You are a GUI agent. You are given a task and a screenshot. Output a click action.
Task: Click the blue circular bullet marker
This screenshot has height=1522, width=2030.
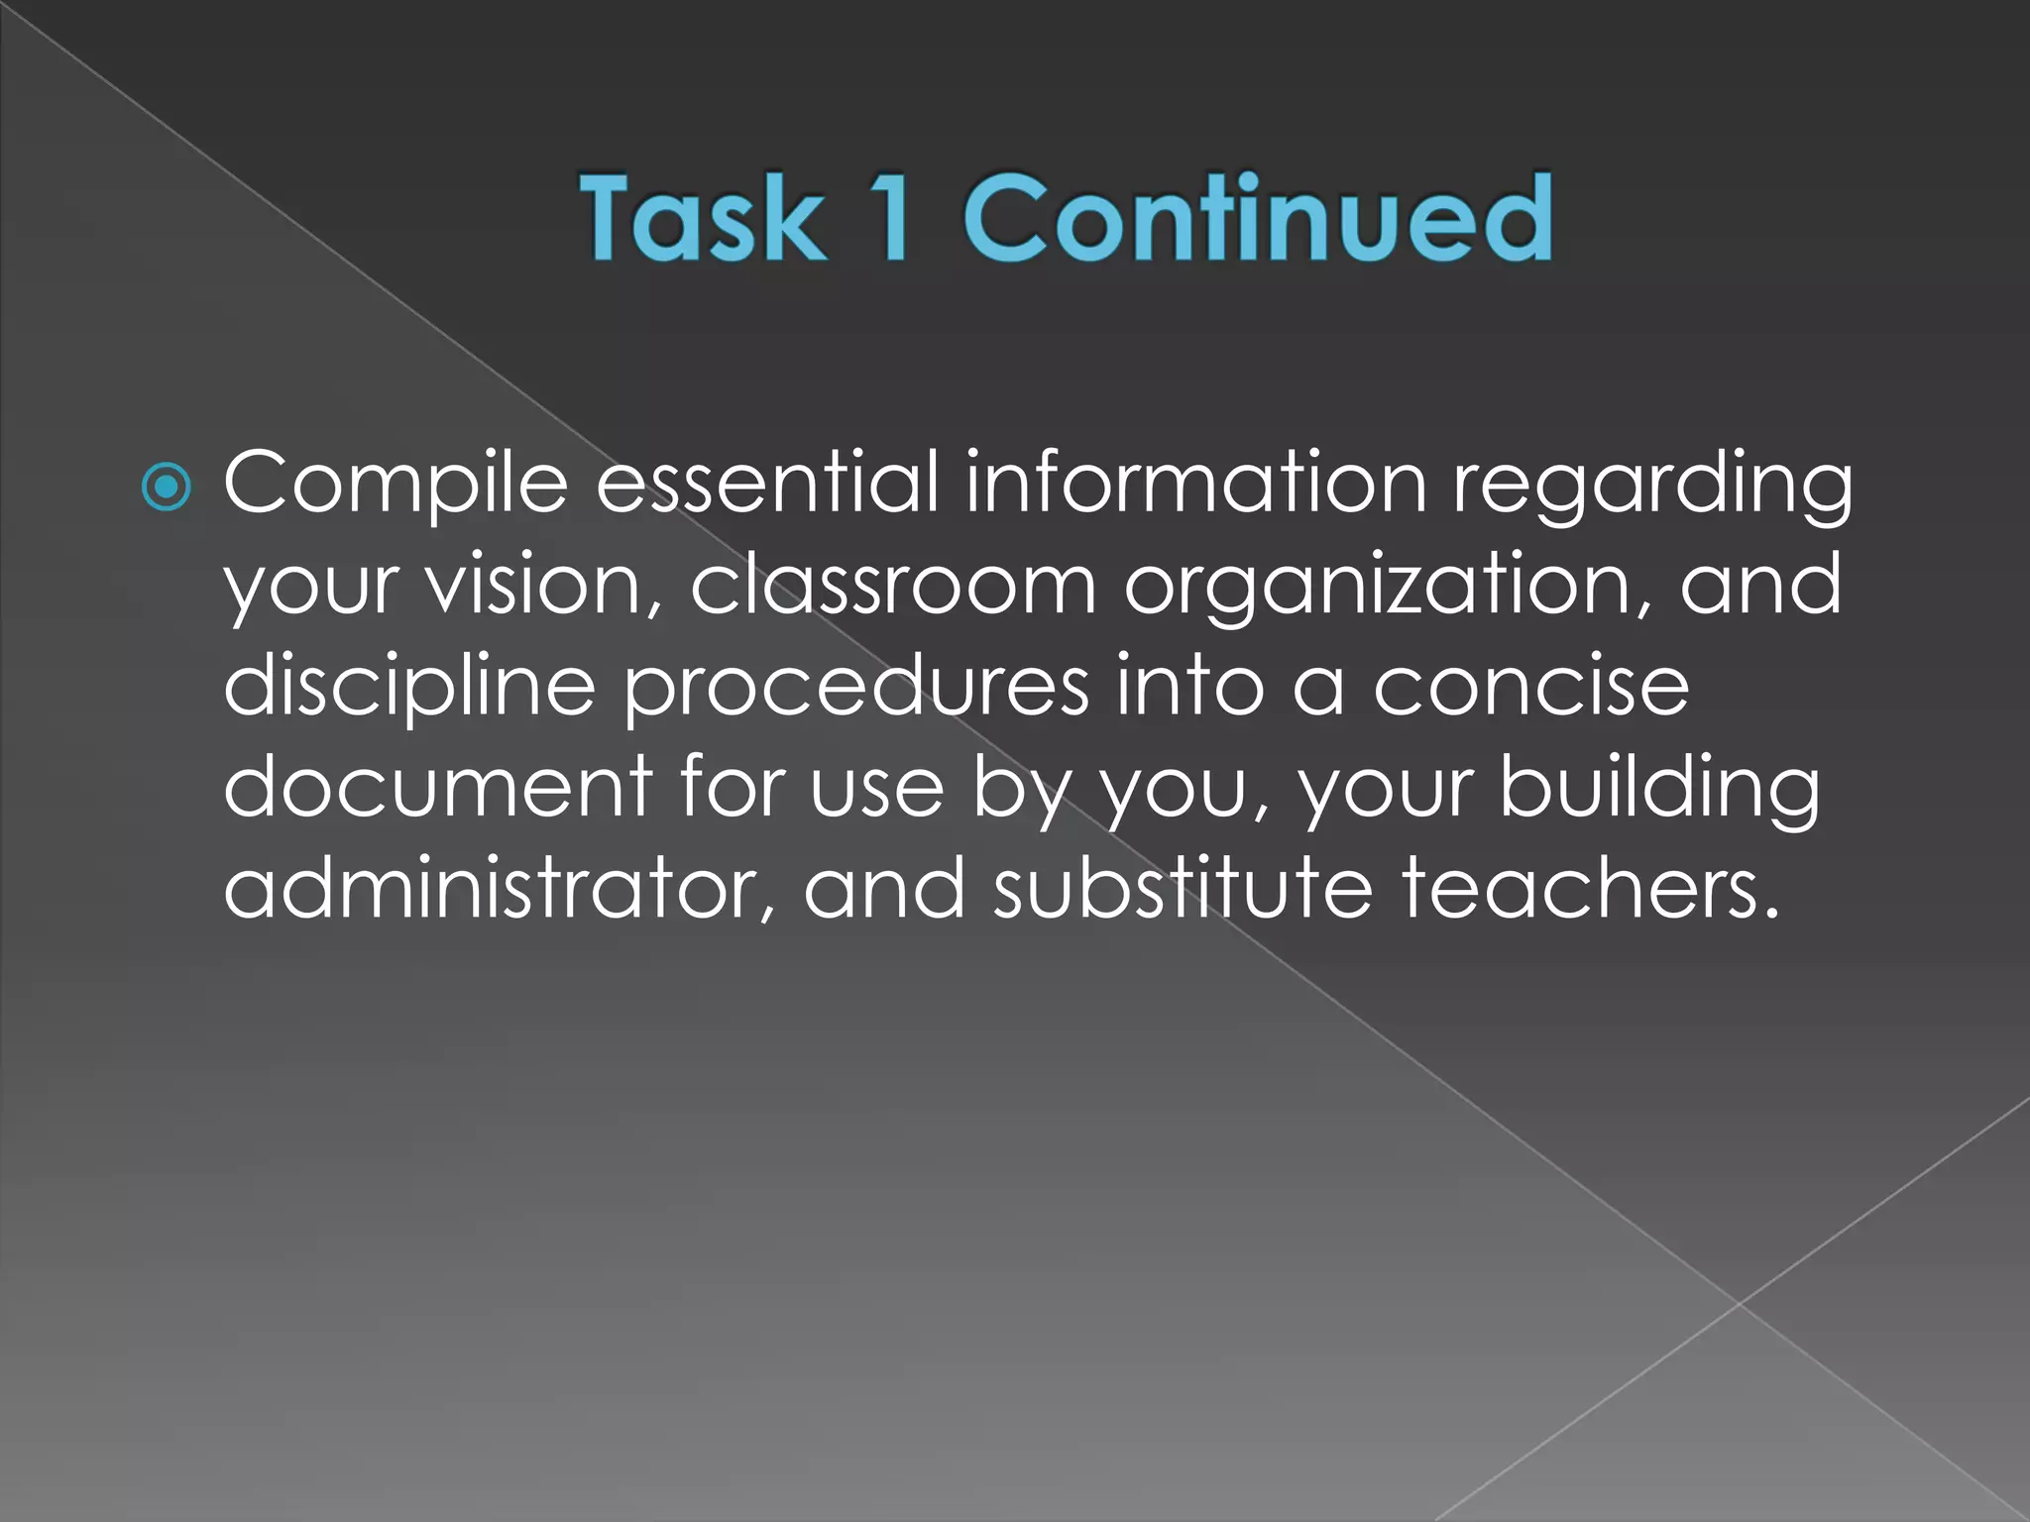coord(166,487)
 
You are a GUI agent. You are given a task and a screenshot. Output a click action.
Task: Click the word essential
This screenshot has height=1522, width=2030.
coord(767,484)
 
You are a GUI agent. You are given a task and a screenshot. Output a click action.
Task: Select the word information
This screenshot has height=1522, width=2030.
coord(1195,484)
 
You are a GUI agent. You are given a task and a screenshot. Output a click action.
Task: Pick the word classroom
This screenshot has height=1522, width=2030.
coord(892,585)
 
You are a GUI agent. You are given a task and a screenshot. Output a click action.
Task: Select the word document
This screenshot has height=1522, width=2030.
coord(437,787)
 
